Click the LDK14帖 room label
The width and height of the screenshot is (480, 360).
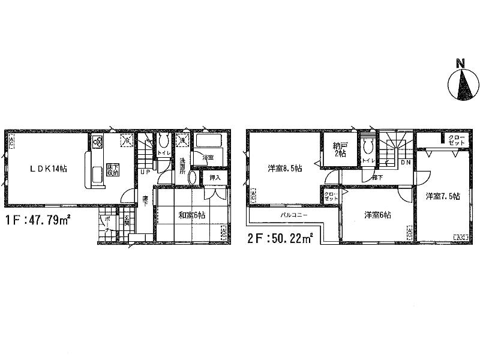pos(49,169)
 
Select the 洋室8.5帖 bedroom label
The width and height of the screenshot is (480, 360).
pos(284,169)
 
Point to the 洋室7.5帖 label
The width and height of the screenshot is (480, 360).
pos(443,196)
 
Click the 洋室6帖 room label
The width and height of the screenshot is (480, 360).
pos(377,215)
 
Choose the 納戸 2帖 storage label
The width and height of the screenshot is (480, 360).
pos(340,149)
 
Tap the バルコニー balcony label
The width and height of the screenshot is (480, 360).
pos(293,215)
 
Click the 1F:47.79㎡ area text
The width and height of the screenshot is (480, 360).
pos(37,220)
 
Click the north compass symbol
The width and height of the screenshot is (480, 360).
pos(463,85)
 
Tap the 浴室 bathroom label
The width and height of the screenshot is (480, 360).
pos(208,158)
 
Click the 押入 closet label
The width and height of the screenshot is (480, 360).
pos(214,178)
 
